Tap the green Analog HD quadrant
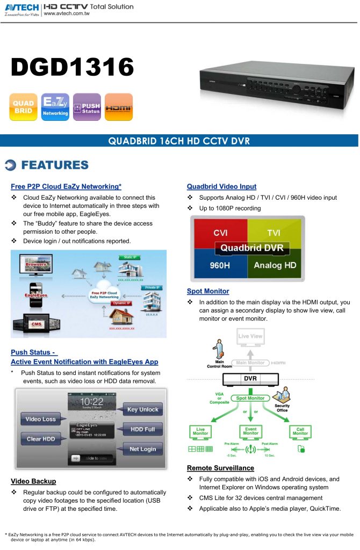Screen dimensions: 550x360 pyautogui.click(x=275, y=265)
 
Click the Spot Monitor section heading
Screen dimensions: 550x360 pyautogui.click(x=208, y=291)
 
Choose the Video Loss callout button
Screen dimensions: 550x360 pyautogui.click(x=41, y=419)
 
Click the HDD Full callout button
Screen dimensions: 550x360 pyautogui.click(x=142, y=430)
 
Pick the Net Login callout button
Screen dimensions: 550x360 pyautogui.click(x=142, y=449)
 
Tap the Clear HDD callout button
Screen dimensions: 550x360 pyautogui.click(x=41, y=439)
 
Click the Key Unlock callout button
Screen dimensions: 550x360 pyautogui.click(x=142, y=410)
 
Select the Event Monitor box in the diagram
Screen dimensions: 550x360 pyautogui.click(x=250, y=431)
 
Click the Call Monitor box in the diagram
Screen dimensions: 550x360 pyautogui.click(x=300, y=431)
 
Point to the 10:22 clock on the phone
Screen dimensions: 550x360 pyautogui.click(x=92, y=401)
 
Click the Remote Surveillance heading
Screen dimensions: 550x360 pyautogui.click(x=220, y=468)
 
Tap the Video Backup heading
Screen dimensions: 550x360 pyautogui.click(x=33, y=481)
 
